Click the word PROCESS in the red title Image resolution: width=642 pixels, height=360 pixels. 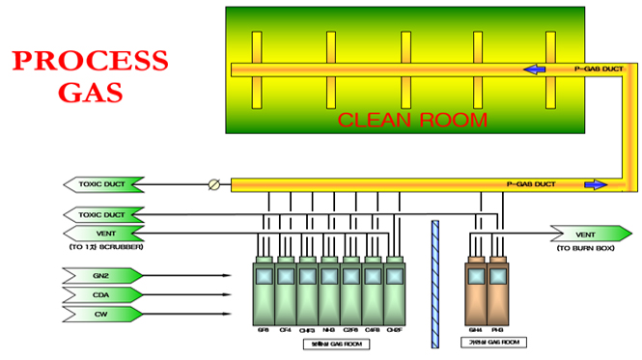[x=90, y=62]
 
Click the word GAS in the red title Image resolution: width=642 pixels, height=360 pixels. [x=90, y=93]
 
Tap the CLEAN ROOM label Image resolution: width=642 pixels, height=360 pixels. [x=412, y=120]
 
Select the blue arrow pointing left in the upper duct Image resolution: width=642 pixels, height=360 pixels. [x=533, y=69]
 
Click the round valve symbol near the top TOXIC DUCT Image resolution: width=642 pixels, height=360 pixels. [x=214, y=183]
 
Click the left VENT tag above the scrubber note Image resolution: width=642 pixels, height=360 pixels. [x=103, y=233]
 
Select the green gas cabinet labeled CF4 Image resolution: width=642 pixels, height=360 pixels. [x=285, y=290]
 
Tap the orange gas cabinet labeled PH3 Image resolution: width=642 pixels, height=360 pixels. [x=498, y=290]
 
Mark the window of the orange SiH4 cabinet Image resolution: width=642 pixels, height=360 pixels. [x=476, y=277]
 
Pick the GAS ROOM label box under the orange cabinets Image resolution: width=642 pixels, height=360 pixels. [x=487, y=344]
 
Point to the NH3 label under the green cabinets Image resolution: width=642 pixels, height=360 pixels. [x=329, y=330]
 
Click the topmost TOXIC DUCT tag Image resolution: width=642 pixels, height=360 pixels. [x=103, y=183]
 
